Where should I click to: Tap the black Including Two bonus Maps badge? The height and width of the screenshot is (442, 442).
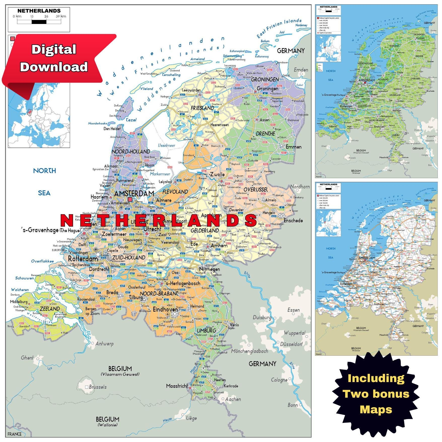(376, 394)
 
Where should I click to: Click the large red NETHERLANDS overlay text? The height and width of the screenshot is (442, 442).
(158, 220)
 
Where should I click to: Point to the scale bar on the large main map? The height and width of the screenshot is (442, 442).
(39, 22)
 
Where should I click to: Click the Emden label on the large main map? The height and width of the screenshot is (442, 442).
(301, 70)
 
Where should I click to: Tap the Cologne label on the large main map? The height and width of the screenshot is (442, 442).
(279, 380)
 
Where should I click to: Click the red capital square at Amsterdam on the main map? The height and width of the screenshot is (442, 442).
(130, 199)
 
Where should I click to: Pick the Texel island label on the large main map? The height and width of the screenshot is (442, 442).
(131, 120)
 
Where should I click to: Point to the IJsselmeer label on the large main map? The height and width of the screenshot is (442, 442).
(166, 145)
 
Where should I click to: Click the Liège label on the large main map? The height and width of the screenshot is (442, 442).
(191, 418)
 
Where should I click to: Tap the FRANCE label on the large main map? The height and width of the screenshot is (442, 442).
(15, 434)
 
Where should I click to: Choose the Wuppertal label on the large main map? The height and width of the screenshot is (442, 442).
(294, 333)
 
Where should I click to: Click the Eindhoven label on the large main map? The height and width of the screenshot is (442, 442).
(165, 310)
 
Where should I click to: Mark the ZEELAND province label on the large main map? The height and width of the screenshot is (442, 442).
(50, 309)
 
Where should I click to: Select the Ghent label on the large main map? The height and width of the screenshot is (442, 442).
(27, 358)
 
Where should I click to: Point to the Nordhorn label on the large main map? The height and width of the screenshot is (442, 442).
(300, 187)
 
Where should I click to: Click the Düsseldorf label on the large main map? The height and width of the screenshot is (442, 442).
(291, 344)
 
